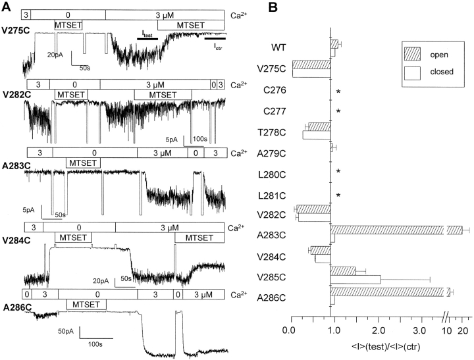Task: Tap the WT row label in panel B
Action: point(278,47)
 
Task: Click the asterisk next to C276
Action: point(338,91)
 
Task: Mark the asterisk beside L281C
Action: point(338,195)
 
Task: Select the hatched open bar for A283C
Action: point(395,230)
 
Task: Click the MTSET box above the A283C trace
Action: point(81,162)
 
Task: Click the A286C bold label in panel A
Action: point(15,307)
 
